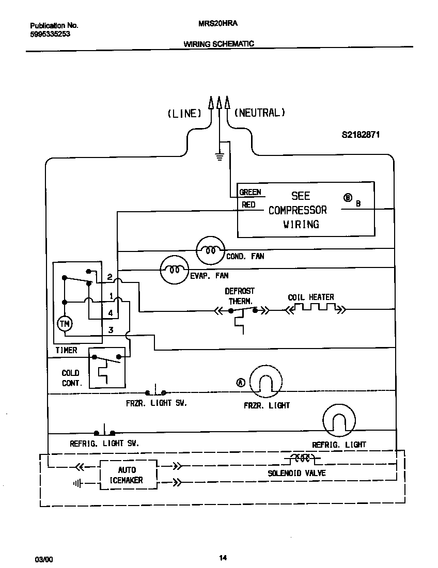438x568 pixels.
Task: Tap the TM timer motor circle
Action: coord(65,324)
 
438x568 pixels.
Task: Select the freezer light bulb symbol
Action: coord(265,383)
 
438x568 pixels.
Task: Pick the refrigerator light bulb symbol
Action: coord(339,421)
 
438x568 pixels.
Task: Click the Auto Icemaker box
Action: coord(127,475)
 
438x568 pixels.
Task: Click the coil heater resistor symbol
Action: coord(315,309)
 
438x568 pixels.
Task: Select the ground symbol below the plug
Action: coord(219,156)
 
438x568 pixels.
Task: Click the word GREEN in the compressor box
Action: coord(250,192)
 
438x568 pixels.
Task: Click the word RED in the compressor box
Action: coord(248,204)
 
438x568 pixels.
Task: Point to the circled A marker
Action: coord(241,383)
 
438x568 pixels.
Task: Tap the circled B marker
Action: coord(348,197)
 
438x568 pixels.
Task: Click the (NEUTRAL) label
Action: coord(260,113)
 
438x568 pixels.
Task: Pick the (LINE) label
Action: coord(184,113)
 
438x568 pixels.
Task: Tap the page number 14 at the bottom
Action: coord(223,557)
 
